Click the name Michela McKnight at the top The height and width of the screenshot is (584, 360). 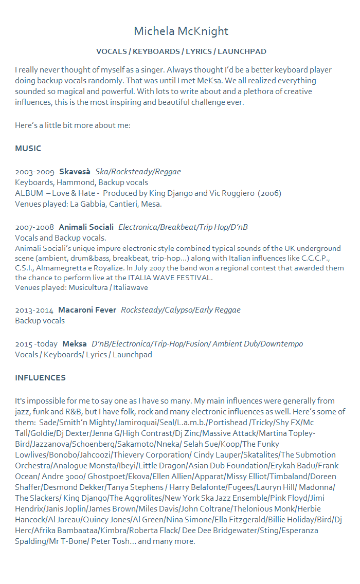(x=181, y=31)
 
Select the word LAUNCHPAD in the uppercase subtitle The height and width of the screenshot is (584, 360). (x=242, y=51)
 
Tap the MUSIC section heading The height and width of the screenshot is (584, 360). (x=28, y=149)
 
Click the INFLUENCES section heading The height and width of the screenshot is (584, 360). (x=40, y=378)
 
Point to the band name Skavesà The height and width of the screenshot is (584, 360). (x=75, y=172)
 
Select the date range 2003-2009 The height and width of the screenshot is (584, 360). (x=34, y=172)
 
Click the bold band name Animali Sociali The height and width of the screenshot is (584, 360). (x=86, y=227)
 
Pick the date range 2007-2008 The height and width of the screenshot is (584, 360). (x=34, y=227)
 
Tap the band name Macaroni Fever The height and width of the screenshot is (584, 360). (x=87, y=310)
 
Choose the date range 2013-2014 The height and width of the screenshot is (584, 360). (x=34, y=310)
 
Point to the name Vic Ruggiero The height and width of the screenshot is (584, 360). (x=232, y=193)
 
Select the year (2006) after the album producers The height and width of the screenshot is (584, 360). (x=269, y=193)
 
